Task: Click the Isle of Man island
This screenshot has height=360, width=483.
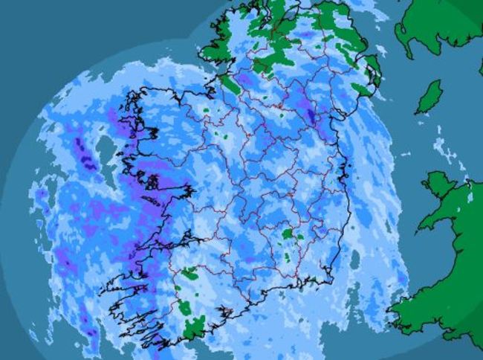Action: tap(429, 97)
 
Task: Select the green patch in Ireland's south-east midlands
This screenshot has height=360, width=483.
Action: tap(288, 234)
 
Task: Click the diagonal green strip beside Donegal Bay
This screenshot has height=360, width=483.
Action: tap(231, 84)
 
